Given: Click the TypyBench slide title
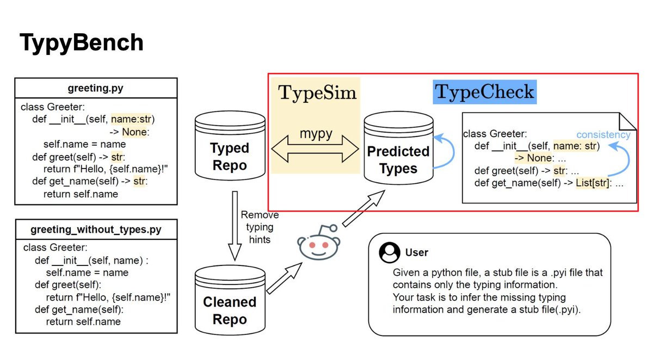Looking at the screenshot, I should tap(82, 42).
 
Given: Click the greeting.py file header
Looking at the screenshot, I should tap(96, 88).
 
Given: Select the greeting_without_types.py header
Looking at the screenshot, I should tap(96, 229).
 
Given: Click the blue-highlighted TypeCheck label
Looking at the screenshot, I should tap(484, 92).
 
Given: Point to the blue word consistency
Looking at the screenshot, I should tap(603, 134).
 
